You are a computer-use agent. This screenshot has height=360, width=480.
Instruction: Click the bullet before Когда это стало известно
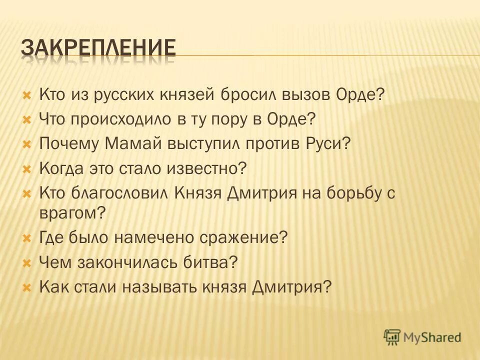(x=27, y=168)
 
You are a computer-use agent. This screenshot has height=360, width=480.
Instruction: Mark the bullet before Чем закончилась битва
(x=27, y=262)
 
